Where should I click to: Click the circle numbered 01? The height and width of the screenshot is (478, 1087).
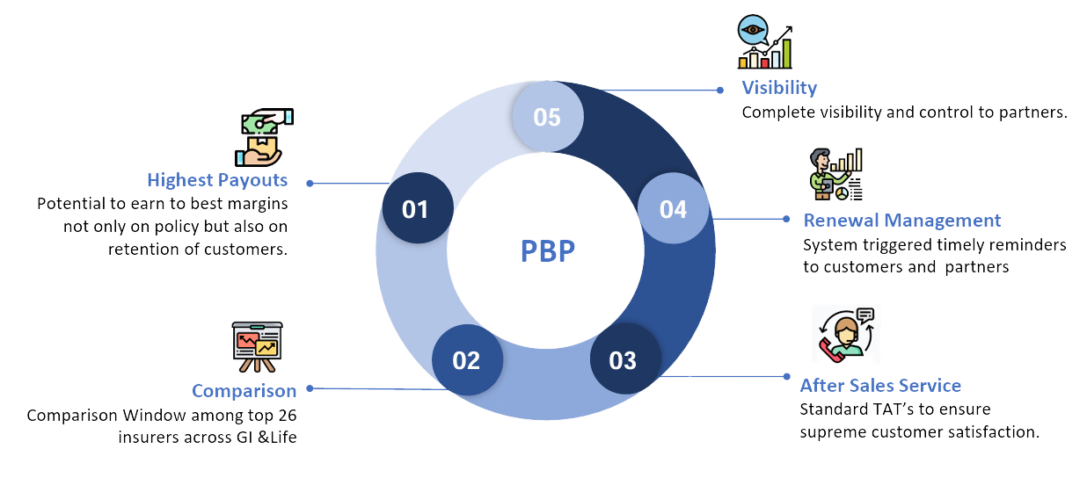417,209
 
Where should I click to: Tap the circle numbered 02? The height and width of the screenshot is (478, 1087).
467,360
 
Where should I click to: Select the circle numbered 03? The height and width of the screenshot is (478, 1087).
624,360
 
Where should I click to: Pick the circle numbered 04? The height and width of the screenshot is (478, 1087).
673,209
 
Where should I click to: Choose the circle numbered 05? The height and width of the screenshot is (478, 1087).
546,117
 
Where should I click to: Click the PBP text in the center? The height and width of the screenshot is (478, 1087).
547,251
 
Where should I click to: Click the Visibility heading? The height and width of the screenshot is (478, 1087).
778,88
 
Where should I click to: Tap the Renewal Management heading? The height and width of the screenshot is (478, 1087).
901,220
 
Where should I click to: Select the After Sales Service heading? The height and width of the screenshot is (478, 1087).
879,386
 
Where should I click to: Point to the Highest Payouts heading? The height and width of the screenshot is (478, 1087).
217,180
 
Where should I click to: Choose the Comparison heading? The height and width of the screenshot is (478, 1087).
244,389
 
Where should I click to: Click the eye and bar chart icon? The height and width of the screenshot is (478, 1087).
765,41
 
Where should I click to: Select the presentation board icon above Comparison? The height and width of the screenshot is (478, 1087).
257,347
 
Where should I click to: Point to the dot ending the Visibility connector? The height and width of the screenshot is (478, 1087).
719,89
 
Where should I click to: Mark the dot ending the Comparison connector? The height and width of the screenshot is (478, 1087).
310,387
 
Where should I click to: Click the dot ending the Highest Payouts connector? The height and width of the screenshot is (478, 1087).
309,184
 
